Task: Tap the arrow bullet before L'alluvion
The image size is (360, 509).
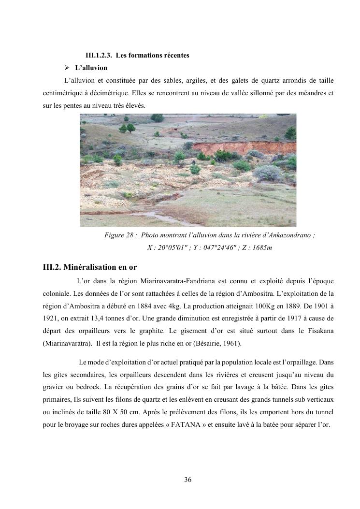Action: [x=68, y=68]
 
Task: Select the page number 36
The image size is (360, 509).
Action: [x=188, y=480]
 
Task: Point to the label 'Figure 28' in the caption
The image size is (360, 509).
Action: [x=118, y=235]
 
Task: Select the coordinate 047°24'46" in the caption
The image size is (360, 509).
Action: [x=209, y=248]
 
